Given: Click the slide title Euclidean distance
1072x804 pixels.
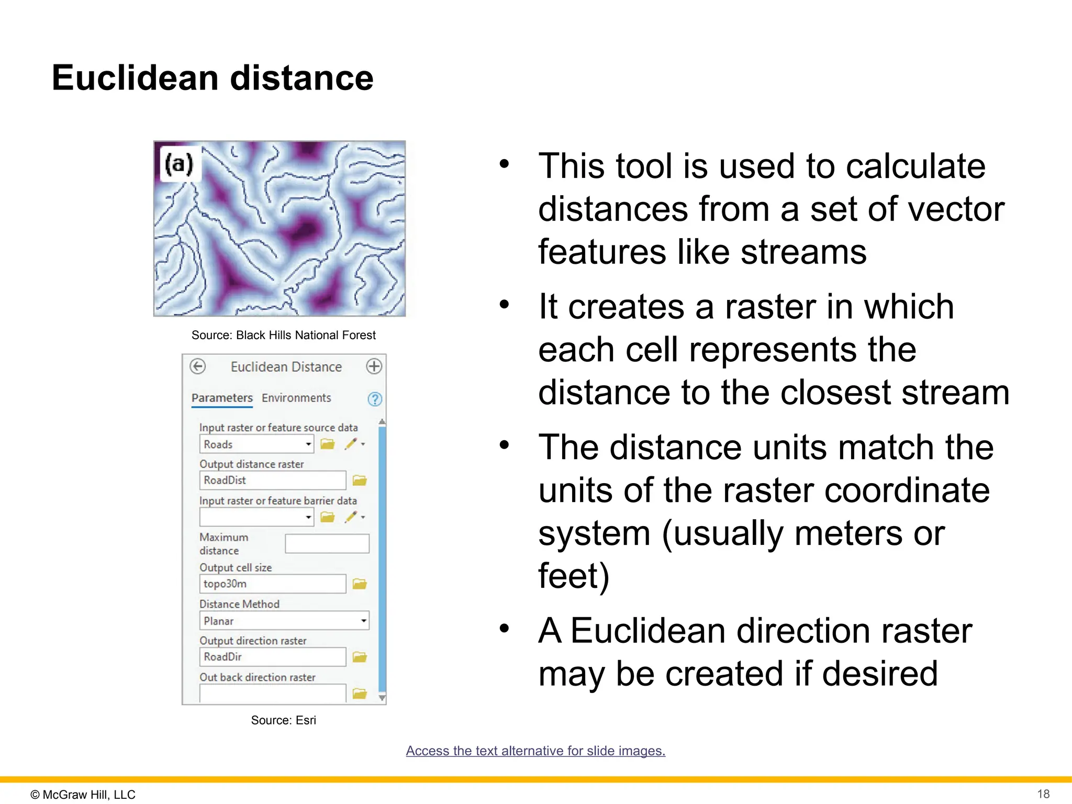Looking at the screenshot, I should click(213, 78).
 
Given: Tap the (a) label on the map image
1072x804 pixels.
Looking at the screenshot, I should click(180, 164).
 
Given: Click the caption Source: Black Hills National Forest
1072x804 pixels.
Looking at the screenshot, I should click(283, 335).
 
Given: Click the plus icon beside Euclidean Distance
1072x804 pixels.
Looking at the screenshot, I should click(374, 366).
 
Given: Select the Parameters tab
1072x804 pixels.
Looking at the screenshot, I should click(222, 398).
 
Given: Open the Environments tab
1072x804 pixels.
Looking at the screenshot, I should click(296, 398).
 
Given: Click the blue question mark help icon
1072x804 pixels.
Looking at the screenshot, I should click(375, 399).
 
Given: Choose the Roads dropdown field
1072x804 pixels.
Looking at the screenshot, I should click(256, 444).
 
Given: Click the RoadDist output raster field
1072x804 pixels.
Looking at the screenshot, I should click(272, 480).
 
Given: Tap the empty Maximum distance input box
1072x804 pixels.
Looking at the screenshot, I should click(327, 544).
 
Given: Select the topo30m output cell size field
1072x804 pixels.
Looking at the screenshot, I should click(272, 584).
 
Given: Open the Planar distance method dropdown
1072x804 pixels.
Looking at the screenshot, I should click(284, 621).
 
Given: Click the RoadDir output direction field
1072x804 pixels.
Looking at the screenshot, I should click(272, 657).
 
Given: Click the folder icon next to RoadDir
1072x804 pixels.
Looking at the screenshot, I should click(360, 657).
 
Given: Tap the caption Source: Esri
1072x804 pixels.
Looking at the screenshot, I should click(283, 720).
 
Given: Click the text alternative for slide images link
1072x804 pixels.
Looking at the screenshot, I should click(535, 751).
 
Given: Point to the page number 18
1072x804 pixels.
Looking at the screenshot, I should click(1043, 794).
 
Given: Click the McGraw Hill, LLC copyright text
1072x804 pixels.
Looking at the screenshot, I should click(83, 795).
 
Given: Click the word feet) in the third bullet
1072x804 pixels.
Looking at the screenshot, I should click(574, 576).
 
